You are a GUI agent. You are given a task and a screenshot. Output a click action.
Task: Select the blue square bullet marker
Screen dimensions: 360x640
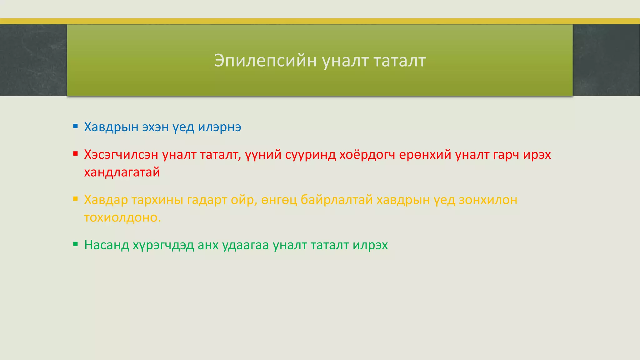75,126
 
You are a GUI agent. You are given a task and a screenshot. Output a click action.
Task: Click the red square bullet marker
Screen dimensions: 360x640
75,153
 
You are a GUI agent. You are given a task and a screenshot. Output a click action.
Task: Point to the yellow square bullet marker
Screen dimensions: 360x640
75,198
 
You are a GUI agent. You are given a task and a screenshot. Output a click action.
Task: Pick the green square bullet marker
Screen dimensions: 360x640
75,244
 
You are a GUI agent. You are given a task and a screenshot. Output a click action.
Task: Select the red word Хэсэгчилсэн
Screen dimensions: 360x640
121,155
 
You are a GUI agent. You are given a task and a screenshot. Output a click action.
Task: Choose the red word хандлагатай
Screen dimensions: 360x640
122,172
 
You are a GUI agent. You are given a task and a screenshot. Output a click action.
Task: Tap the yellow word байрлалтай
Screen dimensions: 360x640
337,200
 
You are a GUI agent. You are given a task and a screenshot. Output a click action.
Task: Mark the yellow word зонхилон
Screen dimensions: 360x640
488,200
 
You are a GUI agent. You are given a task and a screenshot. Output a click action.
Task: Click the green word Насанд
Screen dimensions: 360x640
107,245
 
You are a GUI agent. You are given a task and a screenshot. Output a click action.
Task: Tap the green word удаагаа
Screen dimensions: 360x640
246,245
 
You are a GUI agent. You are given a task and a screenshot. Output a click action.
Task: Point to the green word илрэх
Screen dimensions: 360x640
370,245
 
